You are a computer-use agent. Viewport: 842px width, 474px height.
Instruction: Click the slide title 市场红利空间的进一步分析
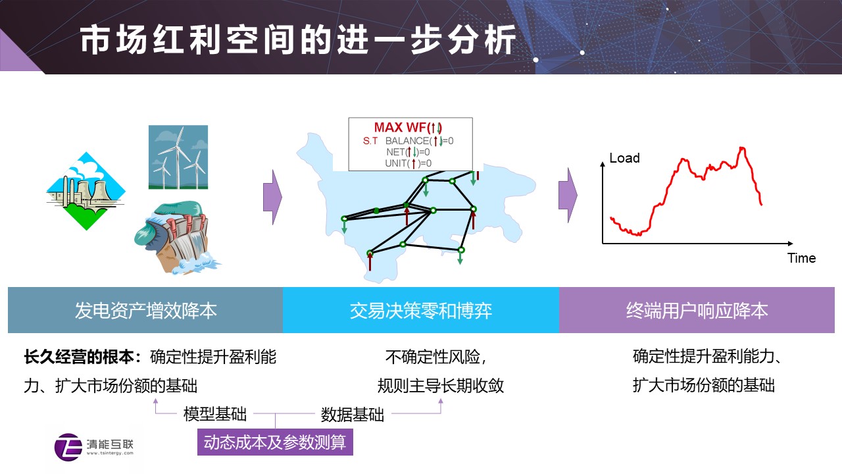pyautogui.click(x=298, y=40)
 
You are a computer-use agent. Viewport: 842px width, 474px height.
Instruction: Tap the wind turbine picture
pyautogui.click(x=178, y=157)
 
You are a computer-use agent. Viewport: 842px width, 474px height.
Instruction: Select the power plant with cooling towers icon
pyautogui.click(x=86, y=191)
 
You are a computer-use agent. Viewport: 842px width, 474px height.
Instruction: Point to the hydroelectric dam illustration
pyautogui.click(x=177, y=238)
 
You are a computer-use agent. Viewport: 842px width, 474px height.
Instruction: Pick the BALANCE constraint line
pyautogui.click(x=419, y=141)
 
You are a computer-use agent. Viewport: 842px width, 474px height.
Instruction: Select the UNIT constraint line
pyautogui.click(x=409, y=163)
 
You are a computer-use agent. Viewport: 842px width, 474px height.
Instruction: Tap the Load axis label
pyautogui.click(x=624, y=158)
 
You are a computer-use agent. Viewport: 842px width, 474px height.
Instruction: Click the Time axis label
pyautogui.click(x=801, y=258)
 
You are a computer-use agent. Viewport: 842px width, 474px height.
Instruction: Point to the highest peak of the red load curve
pyautogui.click(x=742, y=148)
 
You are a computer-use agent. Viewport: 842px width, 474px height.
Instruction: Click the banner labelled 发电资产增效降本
pyautogui.click(x=145, y=310)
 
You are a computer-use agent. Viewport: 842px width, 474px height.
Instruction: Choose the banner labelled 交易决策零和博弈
pyautogui.click(x=421, y=310)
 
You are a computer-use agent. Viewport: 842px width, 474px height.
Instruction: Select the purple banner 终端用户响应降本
pyautogui.click(x=697, y=310)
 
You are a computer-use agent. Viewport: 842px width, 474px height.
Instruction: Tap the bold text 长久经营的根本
pyautogui.click(x=79, y=357)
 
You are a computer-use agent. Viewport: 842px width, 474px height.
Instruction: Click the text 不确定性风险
pyautogui.click(x=433, y=357)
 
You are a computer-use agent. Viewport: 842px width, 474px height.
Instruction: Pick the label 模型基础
pyautogui.click(x=215, y=414)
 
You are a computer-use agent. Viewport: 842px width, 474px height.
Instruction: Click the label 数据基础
pyautogui.click(x=352, y=415)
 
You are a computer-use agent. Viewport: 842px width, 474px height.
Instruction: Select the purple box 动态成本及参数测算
pyautogui.click(x=275, y=442)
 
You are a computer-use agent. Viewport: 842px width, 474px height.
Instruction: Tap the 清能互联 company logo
pyautogui.click(x=94, y=447)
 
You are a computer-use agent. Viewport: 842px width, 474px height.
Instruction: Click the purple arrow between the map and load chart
pyautogui.click(x=568, y=196)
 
